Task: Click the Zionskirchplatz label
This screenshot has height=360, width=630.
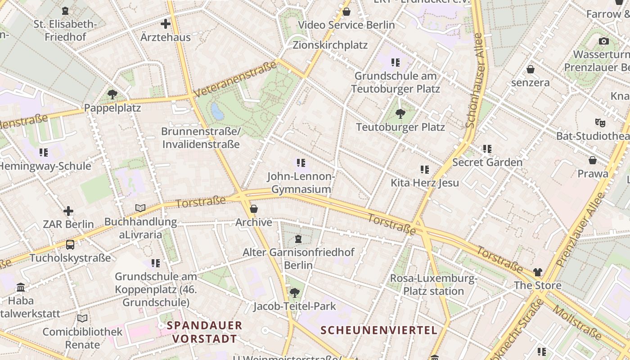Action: [330, 45]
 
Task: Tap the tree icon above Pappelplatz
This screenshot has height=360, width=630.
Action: [112, 94]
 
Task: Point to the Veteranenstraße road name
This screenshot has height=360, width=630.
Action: [235, 80]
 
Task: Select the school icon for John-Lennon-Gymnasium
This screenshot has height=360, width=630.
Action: [301, 162]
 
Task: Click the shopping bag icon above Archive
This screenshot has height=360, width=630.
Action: [254, 209]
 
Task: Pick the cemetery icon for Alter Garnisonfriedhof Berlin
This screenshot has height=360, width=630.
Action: [298, 238]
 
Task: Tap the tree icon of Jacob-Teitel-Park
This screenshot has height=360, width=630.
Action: [295, 293]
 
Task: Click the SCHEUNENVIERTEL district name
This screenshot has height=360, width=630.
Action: [378, 330]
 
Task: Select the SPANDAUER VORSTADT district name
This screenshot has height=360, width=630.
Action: [204, 332]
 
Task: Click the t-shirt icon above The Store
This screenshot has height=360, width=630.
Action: [538, 272]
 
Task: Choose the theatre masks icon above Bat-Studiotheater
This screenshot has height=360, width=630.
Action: [600, 122]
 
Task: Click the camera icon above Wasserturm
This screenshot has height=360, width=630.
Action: [604, 41]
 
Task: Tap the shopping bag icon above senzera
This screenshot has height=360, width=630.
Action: [531, 69]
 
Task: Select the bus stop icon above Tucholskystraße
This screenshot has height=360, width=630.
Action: [70, 245]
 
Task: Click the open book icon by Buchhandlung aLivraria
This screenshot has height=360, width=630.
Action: [140, 208]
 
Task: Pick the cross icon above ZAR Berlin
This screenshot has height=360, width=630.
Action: [68, 211]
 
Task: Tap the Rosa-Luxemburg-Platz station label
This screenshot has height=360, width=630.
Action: [433, 285]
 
